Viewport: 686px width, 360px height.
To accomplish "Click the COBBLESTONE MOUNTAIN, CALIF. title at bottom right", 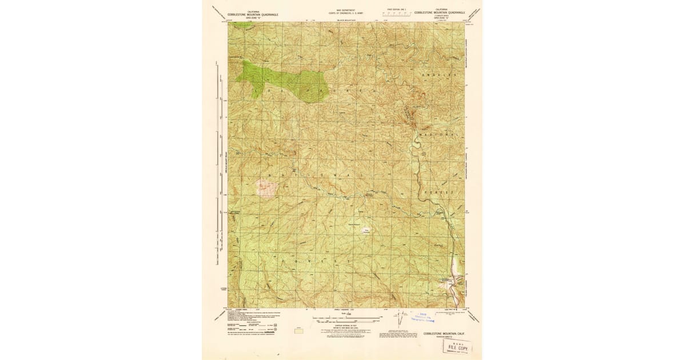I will point(442,334).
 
